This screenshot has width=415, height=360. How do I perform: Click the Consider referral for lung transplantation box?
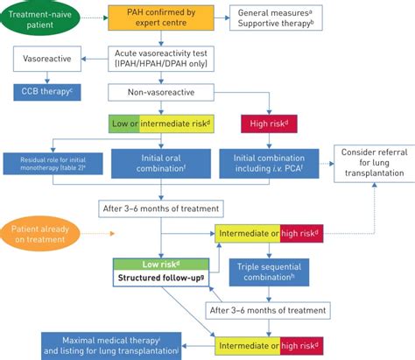[376, 163]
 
